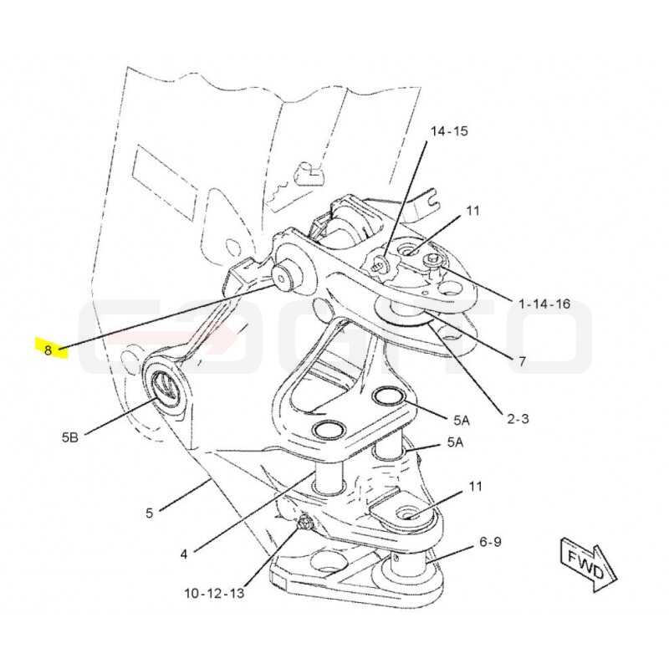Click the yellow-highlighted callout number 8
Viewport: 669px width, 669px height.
(48, 350)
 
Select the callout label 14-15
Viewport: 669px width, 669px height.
(449, 131)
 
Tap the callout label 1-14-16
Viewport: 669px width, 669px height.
(544, 304)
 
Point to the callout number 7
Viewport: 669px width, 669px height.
(522, 361)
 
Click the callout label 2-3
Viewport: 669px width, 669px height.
(518, 419)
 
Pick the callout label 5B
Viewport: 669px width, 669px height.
(70, 437)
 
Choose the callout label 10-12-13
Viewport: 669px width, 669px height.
(214, 593)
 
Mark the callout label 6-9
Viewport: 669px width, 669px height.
(490, 542)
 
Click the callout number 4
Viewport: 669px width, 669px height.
(183, 554)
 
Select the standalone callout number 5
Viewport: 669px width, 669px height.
(149, 513)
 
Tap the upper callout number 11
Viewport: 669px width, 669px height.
(472, 211)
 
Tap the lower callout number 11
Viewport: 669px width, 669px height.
(475, 487)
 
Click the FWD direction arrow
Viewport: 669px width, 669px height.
(589, 564)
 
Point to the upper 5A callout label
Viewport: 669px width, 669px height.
(462, 421)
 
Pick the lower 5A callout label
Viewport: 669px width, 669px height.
(455, 442)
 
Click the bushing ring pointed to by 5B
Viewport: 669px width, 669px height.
(164, 386)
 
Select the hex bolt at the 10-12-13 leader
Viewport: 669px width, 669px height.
(304, 521)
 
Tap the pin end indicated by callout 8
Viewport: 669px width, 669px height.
(281, 278)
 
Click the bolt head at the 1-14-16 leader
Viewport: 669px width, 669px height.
(432, 259)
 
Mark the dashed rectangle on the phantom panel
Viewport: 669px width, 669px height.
(165, 182)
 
